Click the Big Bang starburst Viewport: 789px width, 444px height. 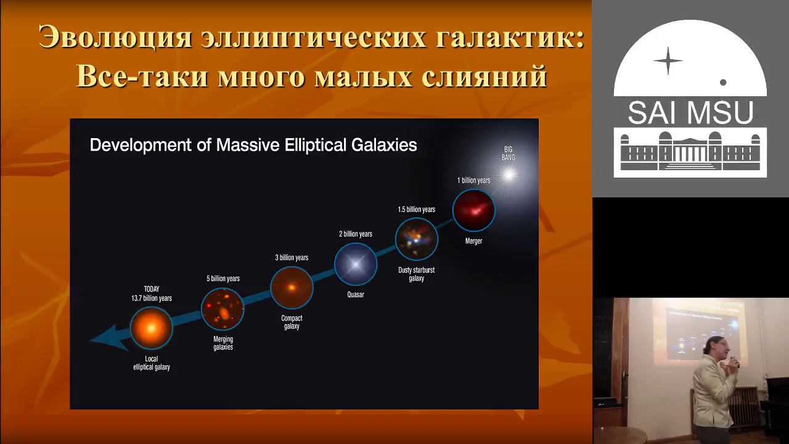(x=509, y=176)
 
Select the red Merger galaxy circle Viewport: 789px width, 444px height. (x=473, y=210)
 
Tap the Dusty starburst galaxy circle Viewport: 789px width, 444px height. (x=417, y=239)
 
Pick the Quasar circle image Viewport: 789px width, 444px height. (x=356, y=265)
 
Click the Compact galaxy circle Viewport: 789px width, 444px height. (x=292, y=287)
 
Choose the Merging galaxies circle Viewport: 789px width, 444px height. (x=223, y=309)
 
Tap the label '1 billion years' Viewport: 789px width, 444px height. (x=473, y=180)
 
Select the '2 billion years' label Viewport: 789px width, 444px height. (x=356, y=234)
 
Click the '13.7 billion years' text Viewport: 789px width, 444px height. (x=151, y=298)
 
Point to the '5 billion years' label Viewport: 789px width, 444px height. (x=223, y=279)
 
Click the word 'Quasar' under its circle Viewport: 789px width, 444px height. (x=356, y=295)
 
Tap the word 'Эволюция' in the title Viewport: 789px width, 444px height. (x=115, y=38)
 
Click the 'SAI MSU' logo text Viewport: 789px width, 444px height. (x=690, y=113)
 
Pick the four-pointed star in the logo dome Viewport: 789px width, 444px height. (x=668, y=61)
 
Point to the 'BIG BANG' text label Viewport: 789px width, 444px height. (x=509, y=154)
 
